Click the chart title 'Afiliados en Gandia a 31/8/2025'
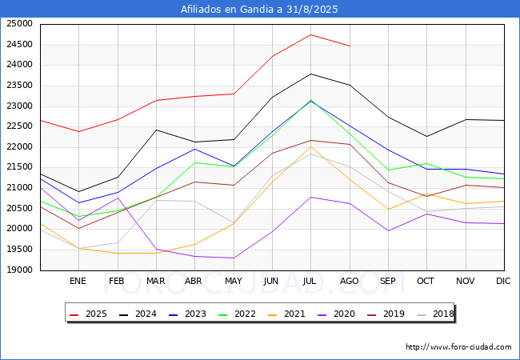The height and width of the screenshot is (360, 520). [260, 9]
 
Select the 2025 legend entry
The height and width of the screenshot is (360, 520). [93, 314]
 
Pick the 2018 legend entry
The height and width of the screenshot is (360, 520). [437, 314]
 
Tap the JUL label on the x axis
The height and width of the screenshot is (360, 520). [310, 281]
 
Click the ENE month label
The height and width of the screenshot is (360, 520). [78, 281]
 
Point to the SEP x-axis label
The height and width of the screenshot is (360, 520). [388, 281]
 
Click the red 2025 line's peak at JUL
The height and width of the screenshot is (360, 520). [310, 34]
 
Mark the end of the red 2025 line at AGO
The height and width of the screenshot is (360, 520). [350, 46]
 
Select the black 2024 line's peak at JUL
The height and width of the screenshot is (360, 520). [310, 74]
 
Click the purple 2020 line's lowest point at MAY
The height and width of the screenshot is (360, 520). [233, 258]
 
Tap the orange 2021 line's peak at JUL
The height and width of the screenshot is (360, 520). [310, 146]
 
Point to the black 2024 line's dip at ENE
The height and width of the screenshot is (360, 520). [78, 192]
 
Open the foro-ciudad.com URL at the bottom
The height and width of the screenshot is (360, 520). [458, 347]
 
